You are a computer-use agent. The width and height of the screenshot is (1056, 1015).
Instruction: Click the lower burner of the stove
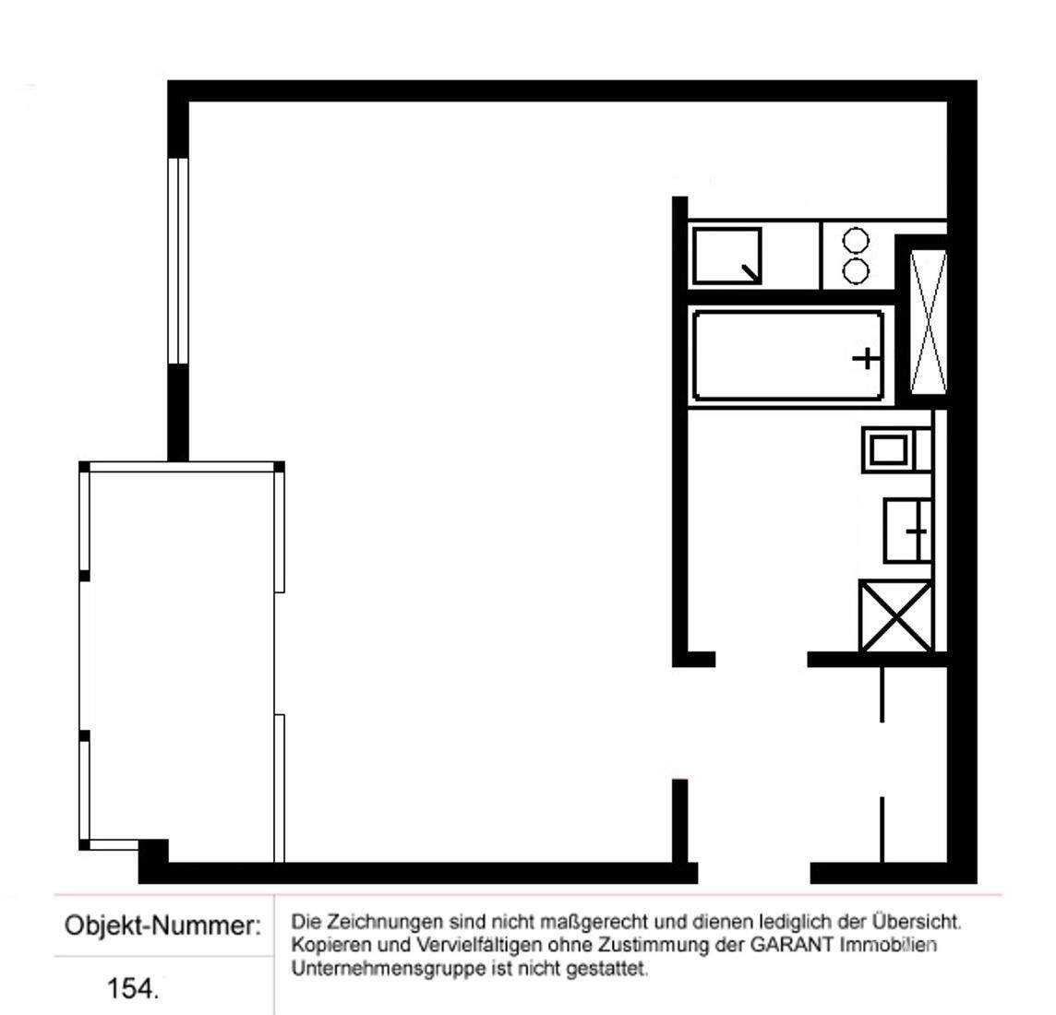[858, 270]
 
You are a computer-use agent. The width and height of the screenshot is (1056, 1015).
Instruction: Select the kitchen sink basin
[727, 256]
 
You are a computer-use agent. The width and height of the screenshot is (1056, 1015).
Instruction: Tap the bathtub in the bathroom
[787, 356]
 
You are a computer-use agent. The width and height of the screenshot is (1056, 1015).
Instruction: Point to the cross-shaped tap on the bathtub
[865, 357]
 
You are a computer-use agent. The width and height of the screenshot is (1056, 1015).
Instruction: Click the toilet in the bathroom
[888, 449]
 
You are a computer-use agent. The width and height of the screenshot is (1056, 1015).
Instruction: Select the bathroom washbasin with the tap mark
[906, 531]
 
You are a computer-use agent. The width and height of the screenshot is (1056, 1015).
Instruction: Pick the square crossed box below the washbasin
[895, 616]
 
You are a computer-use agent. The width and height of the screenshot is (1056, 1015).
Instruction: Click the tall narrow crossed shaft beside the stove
[928, 321]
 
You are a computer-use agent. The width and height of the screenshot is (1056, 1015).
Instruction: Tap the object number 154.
[133, 988]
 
